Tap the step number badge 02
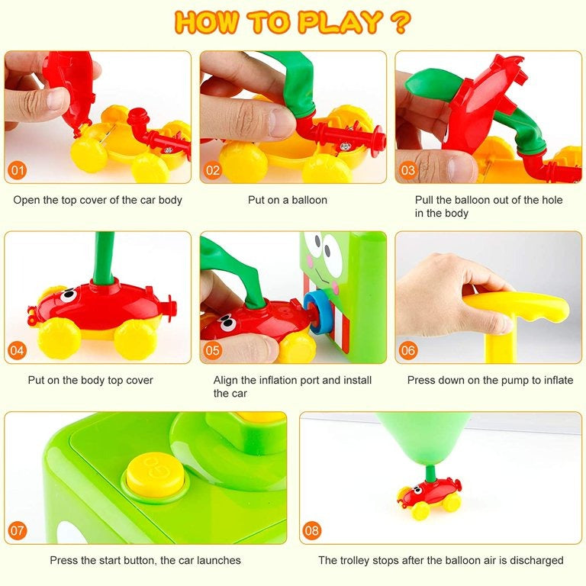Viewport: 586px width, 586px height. point(214,170)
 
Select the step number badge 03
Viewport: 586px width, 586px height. point(408,170)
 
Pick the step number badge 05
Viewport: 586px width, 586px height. point(214,350)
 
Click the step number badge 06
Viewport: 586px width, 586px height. point(408,350)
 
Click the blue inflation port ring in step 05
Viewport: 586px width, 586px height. point(315,315)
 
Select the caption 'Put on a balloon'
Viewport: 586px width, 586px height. point(288,200)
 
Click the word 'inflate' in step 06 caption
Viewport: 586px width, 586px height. point(555,380)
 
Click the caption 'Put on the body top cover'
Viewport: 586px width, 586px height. point(91,380)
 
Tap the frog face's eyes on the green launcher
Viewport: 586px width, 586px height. point(324,249)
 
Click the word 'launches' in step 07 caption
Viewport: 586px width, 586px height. point(217,560)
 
